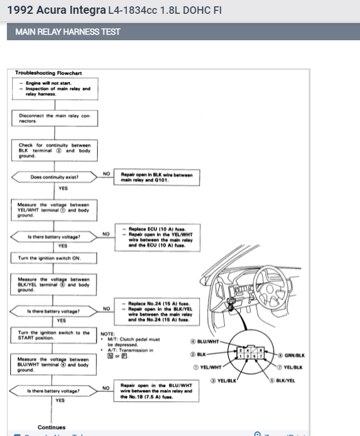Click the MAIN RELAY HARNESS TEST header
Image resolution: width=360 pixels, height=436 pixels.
point(64,32)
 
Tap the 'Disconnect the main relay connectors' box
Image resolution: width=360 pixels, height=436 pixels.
point(55,118)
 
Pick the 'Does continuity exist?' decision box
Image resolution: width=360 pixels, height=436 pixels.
point(55,177)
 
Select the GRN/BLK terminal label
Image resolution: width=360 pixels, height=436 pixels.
point(292,356)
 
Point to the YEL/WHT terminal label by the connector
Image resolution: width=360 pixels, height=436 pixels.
point(208,366)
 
